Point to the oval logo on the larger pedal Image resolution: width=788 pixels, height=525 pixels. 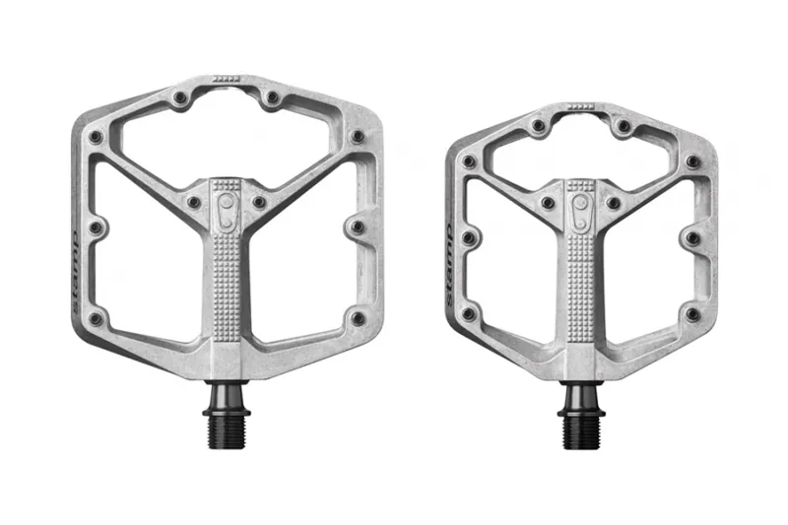(x=227, y=210)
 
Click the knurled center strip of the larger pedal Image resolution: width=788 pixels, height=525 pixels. (x=227, y=286)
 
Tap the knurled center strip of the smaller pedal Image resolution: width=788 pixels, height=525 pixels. (x=581, y=286)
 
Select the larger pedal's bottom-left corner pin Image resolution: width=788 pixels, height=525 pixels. (x=96, y=319)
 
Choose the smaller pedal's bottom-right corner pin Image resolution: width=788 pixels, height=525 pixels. (x=693, y=314)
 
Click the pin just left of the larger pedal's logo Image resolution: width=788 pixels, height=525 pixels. (x=194, y=202)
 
